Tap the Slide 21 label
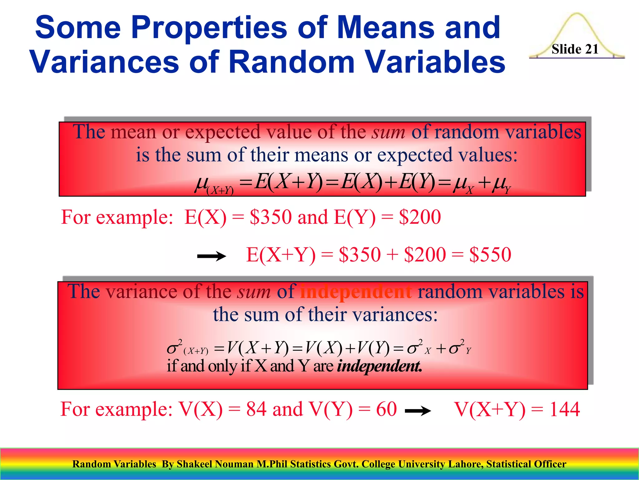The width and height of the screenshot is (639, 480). pos(575,49)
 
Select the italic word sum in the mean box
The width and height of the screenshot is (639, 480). pos(388,132)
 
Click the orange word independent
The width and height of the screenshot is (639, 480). pos(356,292)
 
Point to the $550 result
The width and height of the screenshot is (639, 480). pos(490,254)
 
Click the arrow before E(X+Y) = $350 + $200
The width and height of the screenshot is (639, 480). pos(212,256)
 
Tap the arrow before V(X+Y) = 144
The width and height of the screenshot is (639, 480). pos(418,411)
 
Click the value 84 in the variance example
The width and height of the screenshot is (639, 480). pos(256,409)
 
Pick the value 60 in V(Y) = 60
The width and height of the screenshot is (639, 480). pos(386,409)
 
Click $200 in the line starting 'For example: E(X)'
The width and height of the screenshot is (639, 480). pos(420,217)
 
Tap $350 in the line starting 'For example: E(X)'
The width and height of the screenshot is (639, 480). pos(271,217)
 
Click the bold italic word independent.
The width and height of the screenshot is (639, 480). pos(379,366)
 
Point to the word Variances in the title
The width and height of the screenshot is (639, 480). pos(104,62)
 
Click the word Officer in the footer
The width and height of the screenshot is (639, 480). pos(550,464)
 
